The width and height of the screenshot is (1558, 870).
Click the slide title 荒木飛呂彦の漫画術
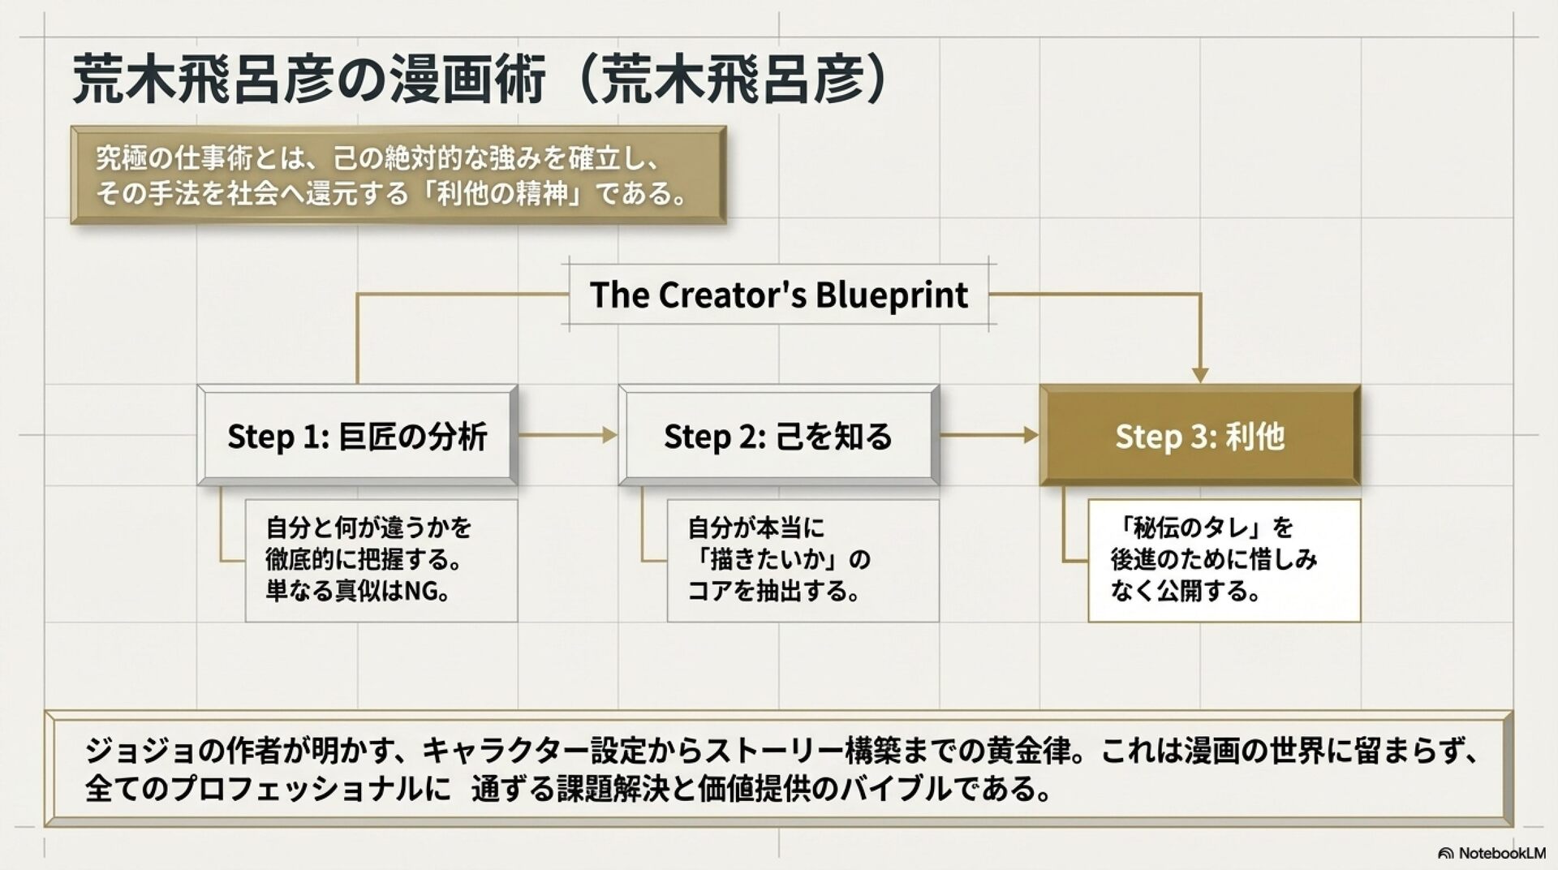(308, 80)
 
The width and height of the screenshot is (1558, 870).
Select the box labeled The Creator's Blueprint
(778, 295)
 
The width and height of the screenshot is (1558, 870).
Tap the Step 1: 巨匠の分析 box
(357, 436)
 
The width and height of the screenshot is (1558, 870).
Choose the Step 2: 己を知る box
(778, 436)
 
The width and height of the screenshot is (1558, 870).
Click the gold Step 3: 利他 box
(1199, 436)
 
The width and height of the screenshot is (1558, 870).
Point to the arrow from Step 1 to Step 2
(568, 436)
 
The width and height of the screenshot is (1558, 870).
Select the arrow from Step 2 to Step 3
(989, 436)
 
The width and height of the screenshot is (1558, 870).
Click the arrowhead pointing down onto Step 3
(1200, 374)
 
